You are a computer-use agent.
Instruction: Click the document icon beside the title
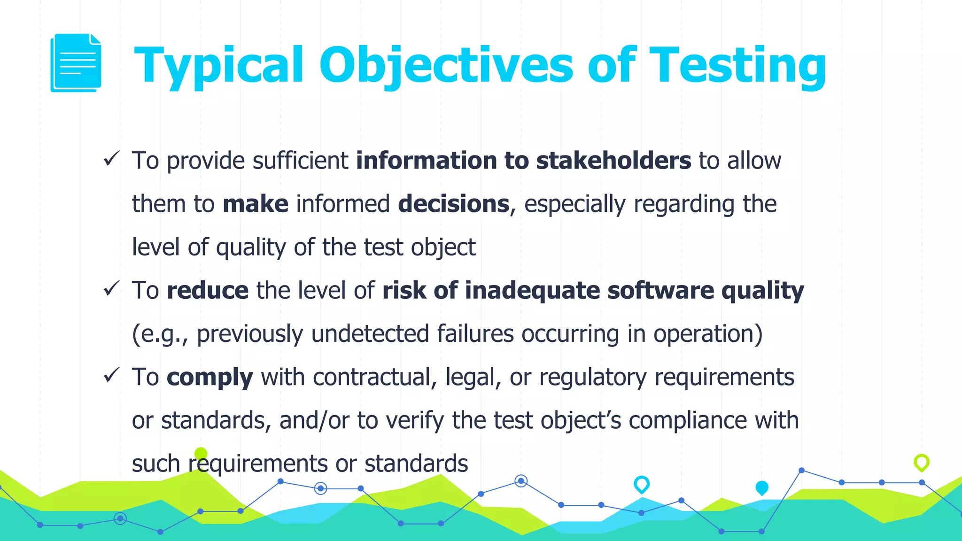(76, 62)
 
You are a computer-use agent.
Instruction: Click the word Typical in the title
(219, 65)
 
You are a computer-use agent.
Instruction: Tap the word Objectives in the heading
(446, 65)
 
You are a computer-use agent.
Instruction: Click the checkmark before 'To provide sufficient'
(112, 158)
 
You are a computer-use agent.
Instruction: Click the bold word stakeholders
(613, 161)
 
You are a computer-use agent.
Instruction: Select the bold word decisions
(453, 204)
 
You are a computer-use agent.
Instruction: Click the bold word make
(255, 204)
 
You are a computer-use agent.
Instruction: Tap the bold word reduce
(208, 290)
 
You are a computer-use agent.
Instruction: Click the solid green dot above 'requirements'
(201, 454)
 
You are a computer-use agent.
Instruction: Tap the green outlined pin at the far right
(921, 463)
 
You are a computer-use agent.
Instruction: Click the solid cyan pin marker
(761, 487)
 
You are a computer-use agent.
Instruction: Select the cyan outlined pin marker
(641, 484)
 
